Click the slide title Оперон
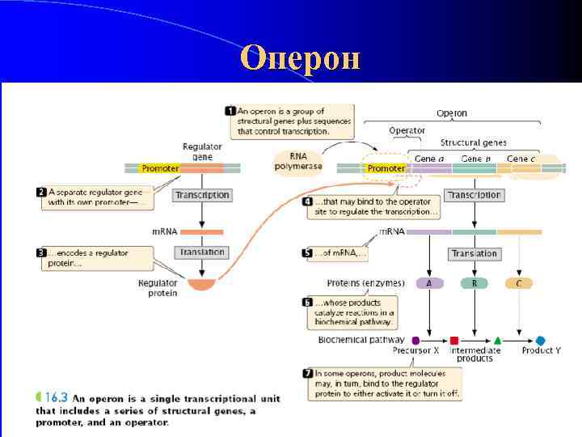300,58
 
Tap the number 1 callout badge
230,111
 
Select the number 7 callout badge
307,374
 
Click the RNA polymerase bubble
298,161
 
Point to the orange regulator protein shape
202,284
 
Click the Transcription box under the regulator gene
202,195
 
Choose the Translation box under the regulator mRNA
202,252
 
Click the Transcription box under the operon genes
474,195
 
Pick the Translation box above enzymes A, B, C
474,253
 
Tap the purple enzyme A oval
428,283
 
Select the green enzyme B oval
474,283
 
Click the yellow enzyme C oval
518,283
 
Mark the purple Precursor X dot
415,341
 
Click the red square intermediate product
454,341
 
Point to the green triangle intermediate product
498,341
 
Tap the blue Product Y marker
540,341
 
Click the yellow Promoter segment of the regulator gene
160,168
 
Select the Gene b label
474,158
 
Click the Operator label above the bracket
407,130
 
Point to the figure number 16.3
55,397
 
